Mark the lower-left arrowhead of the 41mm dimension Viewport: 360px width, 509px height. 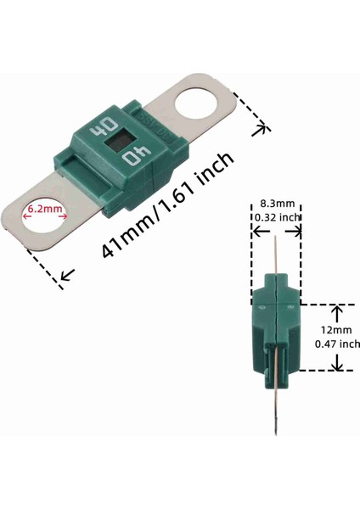[x=65, y=276]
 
